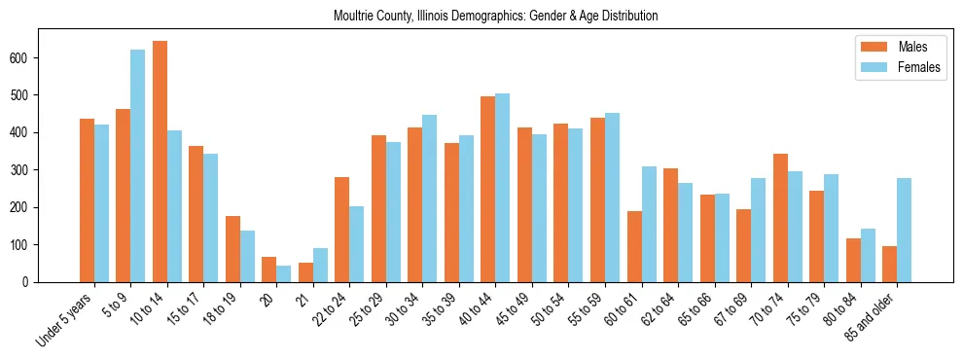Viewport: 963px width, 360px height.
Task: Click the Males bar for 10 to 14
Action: [160, 162]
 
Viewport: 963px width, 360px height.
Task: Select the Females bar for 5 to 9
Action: [138, 165]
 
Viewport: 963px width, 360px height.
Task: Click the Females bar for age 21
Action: [320, 265]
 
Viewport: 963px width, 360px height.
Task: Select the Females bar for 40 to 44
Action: [503, 188]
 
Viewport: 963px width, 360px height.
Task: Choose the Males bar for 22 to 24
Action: [342, 230]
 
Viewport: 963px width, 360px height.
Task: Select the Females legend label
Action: [919, 68]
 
